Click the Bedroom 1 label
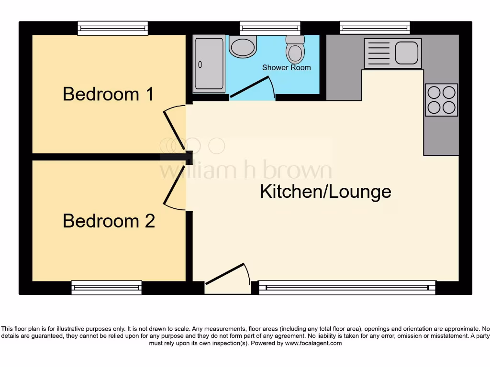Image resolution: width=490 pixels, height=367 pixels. pos(108,94)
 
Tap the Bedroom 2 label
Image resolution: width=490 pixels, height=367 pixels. pos(109,221)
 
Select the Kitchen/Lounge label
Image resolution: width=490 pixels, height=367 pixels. pos(325,192)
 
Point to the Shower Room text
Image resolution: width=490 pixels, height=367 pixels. pos(286,67)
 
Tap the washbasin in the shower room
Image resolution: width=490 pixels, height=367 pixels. pos(243,47)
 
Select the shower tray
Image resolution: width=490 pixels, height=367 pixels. pos(209,65)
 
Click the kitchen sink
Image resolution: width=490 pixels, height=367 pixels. pos(393,53)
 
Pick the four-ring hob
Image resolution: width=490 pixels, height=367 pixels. pos(441,100)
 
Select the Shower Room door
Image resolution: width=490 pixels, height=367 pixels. pos(251,88)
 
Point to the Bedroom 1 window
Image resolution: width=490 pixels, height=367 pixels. pos(113,28)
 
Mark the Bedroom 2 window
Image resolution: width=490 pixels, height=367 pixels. pos(106,287)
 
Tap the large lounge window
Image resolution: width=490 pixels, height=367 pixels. pos(347,287)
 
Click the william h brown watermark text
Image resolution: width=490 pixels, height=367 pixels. pos(245,171)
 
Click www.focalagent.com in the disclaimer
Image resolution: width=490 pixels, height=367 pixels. pos(313,343)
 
